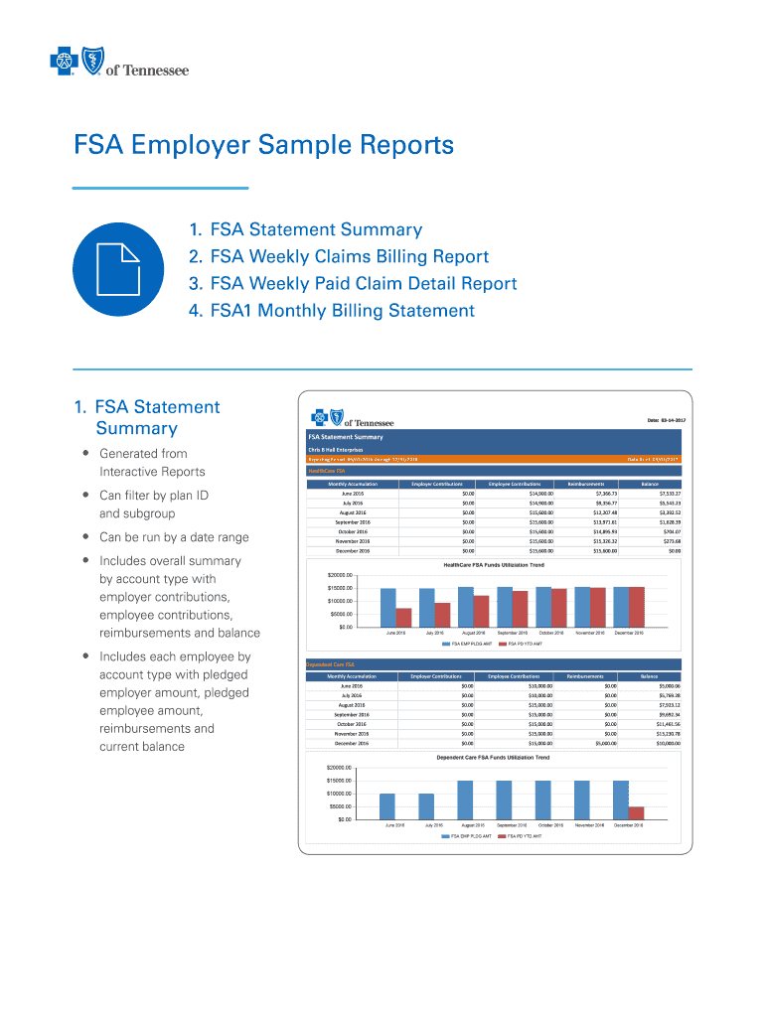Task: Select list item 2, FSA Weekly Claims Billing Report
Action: (x=339, y=257)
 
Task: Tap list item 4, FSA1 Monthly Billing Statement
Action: (x=332, y=311)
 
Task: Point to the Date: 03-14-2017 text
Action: (x=666, y=421)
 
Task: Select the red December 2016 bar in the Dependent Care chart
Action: (x=636, y=812)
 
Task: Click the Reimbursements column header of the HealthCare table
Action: (x=586, y=484)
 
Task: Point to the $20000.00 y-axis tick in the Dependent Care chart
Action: (x=340, y=768)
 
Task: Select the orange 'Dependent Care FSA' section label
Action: (x=331, y=663)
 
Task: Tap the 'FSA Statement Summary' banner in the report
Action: (x=346, y=436)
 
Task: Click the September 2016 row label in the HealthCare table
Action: (x=352, y=521)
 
